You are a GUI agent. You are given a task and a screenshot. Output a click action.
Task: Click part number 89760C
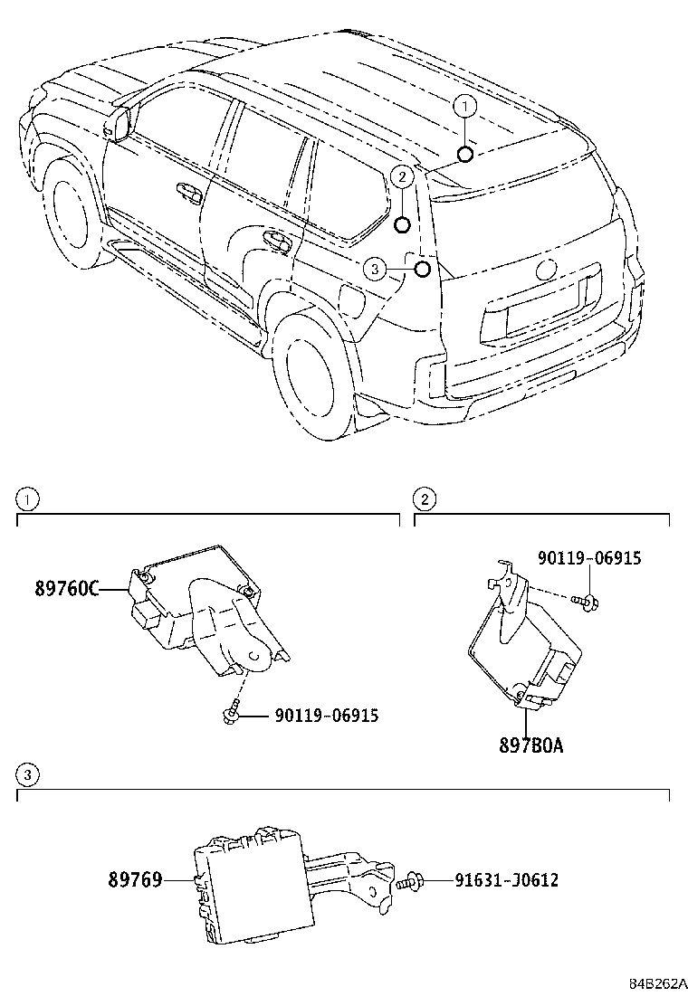point(66,589)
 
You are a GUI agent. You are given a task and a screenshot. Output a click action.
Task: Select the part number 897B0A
point(530,745)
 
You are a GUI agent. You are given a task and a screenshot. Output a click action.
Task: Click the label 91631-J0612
point(493,879)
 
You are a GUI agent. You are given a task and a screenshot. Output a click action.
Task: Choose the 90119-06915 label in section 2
point(589,558)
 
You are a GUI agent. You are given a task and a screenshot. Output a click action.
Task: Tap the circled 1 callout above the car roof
point(463,108)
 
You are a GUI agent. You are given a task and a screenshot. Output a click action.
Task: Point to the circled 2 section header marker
point(424,498)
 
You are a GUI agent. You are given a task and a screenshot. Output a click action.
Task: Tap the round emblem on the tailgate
point(546,270)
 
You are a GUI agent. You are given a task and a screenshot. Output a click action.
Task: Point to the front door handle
point(188,191)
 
